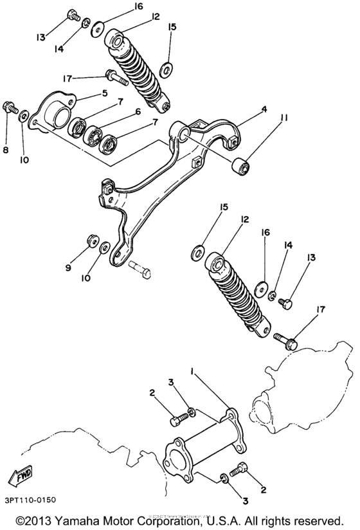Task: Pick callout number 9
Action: (68, 268)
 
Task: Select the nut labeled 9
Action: (90, 241)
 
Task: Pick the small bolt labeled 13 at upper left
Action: (72, 14)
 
